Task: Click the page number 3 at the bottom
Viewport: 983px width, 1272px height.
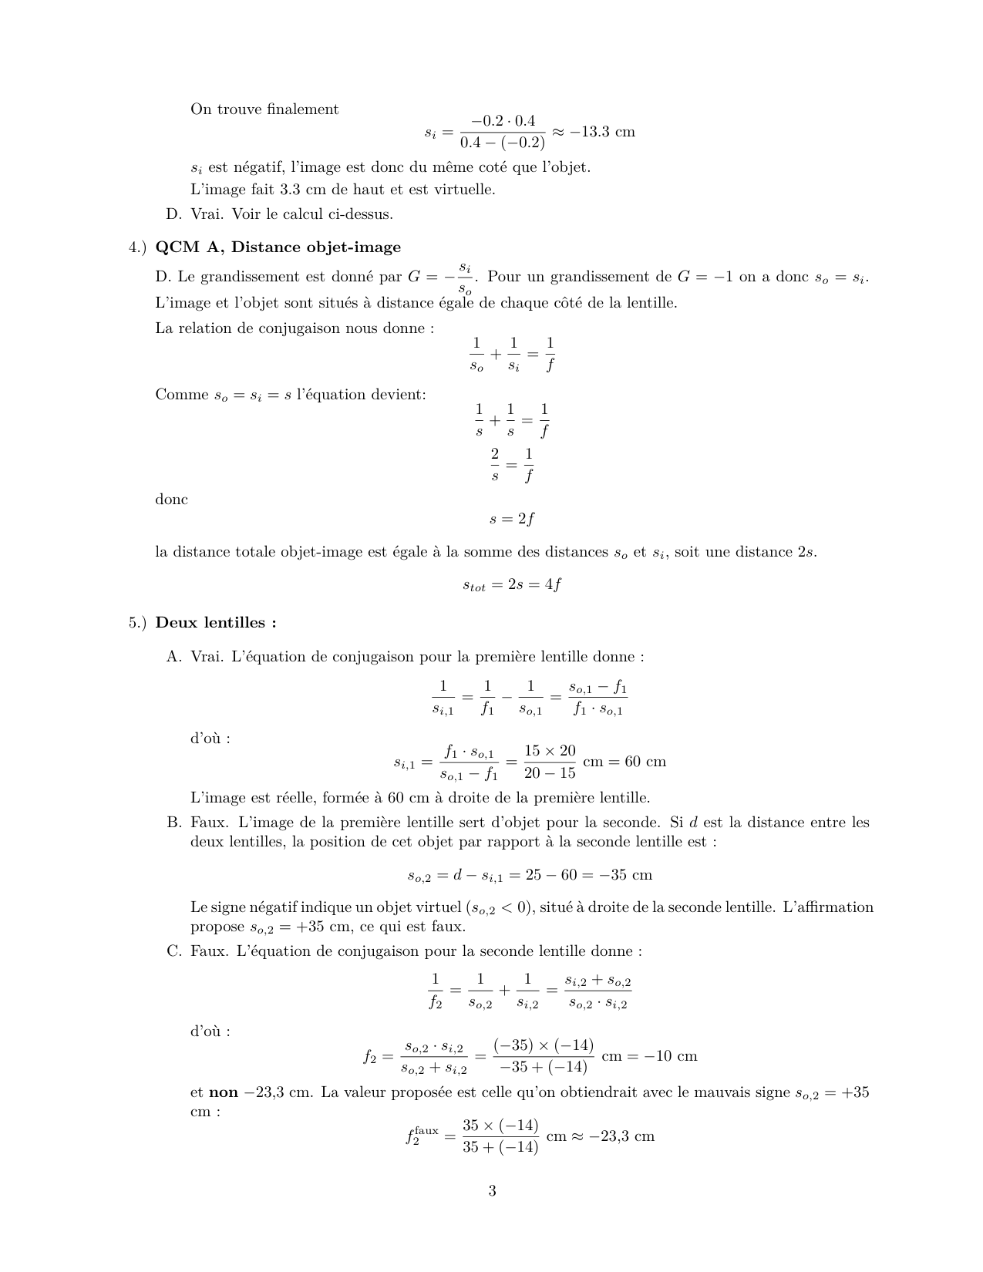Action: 492,1191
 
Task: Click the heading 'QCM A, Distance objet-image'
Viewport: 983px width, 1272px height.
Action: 278,247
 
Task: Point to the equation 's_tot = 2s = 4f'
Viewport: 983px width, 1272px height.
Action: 512,585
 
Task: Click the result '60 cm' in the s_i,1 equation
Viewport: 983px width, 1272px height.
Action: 645,762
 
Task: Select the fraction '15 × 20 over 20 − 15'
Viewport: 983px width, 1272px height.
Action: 550,762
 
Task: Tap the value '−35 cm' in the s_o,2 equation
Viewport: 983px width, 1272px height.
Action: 627,875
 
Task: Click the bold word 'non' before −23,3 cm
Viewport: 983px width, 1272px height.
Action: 224,1092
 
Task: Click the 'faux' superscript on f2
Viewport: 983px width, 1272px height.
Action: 426,1130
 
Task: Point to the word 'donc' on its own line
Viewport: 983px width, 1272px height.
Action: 171,500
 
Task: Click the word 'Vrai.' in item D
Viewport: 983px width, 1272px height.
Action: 207,214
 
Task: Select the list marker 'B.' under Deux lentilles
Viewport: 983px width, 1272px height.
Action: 173,823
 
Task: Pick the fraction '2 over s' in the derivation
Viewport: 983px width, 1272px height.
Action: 495,465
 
